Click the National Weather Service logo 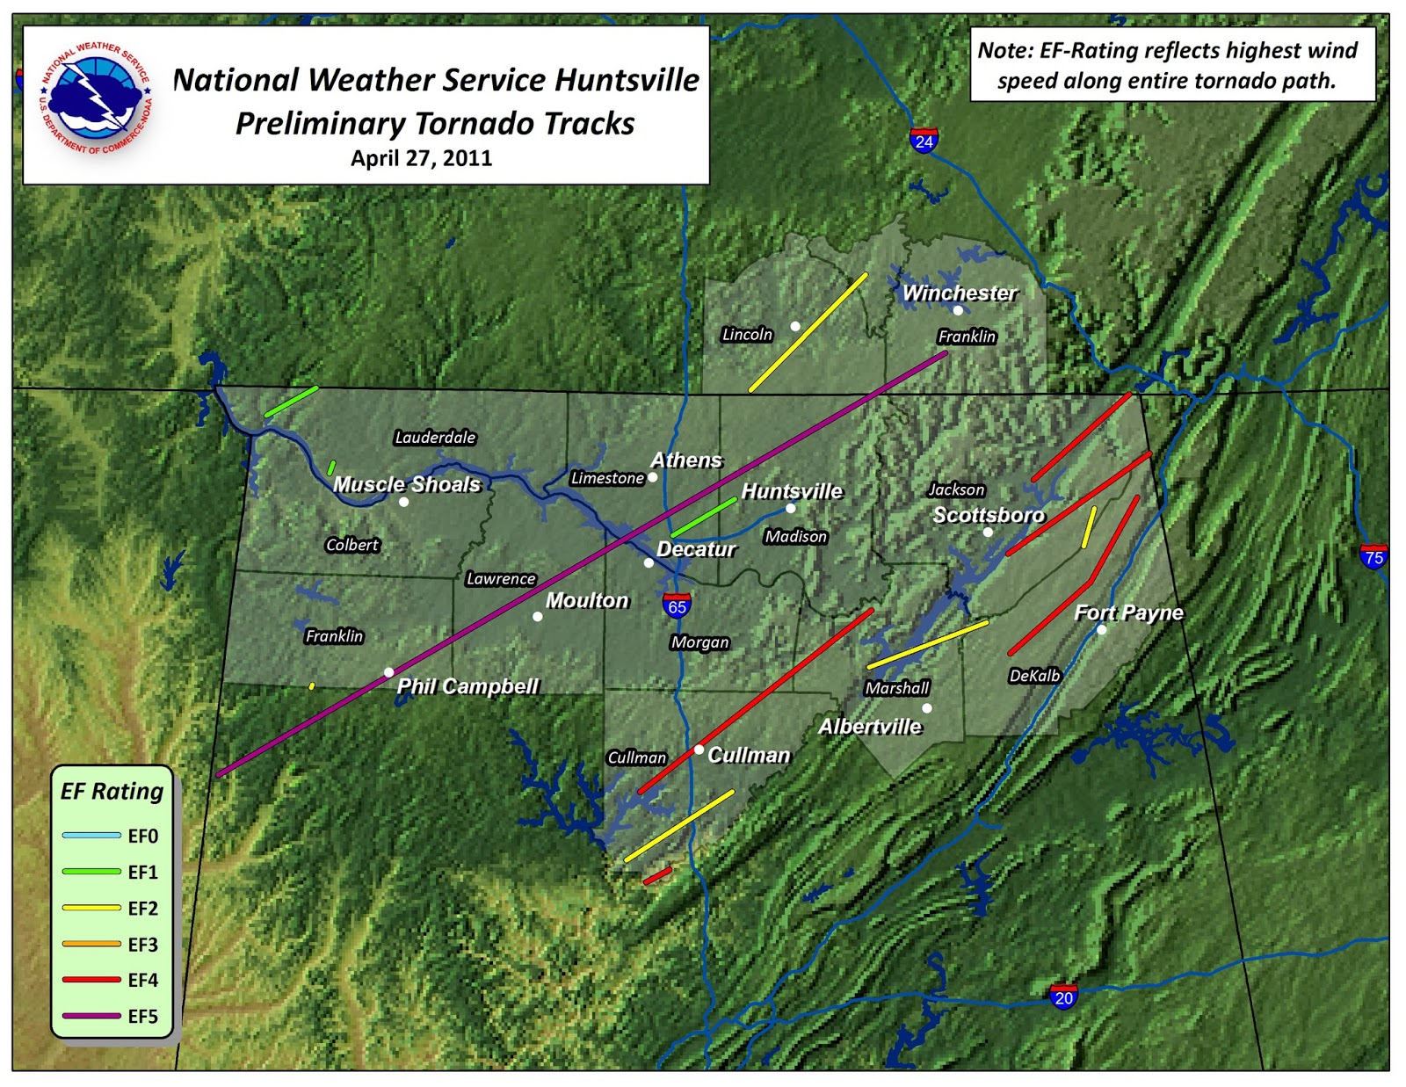[96, 98]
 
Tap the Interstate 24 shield [924, 140]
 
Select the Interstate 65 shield [677, 605]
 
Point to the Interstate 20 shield [1063, 996]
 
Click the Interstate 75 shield [1373, 556]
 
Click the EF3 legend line [91, 944]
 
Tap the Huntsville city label [792, 491]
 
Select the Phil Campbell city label [467, 686]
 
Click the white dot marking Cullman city [699, 750]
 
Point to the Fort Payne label [1128, 612]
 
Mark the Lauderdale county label [435, 437]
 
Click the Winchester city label [960, 293]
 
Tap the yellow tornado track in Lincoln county [808, 332]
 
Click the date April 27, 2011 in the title [421, 158]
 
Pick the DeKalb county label [1034, 675]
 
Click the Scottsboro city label [989, 515]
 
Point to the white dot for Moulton [538, 617]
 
